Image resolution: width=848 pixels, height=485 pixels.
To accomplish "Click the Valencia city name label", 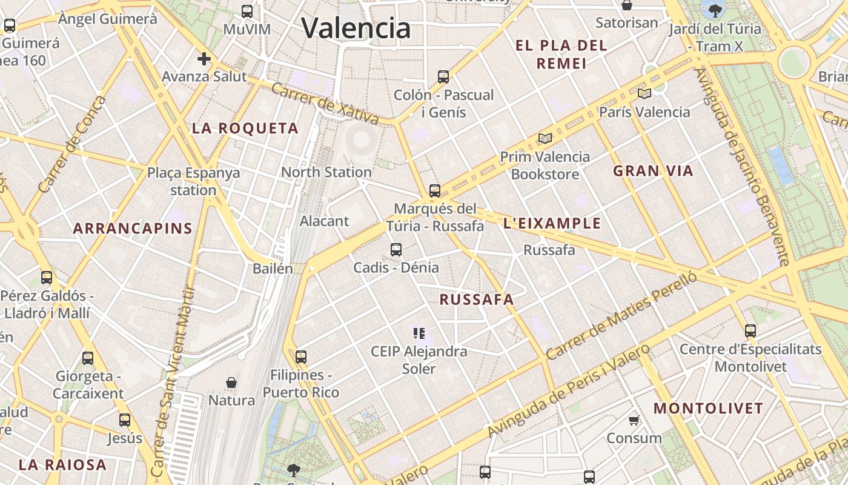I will pos(356,28).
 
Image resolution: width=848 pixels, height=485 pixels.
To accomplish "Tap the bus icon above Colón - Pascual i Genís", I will pos(443,77).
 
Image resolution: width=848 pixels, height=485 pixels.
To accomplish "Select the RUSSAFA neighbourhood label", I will pos(477,299).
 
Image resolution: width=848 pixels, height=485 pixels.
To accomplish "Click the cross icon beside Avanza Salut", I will pos(204,59).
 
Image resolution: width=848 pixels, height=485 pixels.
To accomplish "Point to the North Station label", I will pos(326,172).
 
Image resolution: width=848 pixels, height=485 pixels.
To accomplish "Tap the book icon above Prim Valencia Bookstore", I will pos(545,139).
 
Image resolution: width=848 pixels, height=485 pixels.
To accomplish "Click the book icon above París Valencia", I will pos(644,94).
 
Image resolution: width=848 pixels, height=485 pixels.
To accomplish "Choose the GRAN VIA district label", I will pos(653,171).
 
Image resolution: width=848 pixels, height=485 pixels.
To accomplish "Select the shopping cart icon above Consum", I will pos(634,420).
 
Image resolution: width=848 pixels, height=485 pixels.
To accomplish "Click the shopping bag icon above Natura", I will pos(231,383).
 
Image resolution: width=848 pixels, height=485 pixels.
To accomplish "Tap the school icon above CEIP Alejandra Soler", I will pos(419,333).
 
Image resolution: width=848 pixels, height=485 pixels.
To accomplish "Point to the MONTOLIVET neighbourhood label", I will pos(708,409).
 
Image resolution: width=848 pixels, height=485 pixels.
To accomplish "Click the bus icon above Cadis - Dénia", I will pos(396,249).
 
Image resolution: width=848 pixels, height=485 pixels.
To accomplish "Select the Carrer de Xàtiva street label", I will pos(325,104).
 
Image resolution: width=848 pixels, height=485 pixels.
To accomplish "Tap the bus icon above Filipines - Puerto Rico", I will pos(301,356).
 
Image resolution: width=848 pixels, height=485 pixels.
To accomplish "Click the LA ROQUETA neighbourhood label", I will pos(245,129).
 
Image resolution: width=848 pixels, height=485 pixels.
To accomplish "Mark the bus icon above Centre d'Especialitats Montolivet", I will pos(750,330).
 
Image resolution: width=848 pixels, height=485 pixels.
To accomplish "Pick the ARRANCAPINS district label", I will pos(133,229).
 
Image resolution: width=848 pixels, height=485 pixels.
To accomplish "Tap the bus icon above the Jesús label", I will pos(125,420).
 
